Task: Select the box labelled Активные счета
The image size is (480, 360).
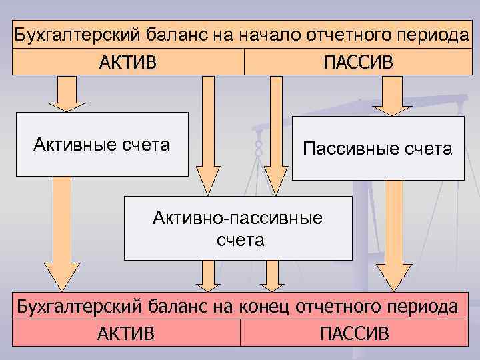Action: pos(102,144)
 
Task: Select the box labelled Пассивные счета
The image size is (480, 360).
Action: pos(378,148)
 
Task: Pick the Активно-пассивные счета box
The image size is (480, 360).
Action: pos(238,227)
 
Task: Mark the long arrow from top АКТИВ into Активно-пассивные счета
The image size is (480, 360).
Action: pos(207,133)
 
